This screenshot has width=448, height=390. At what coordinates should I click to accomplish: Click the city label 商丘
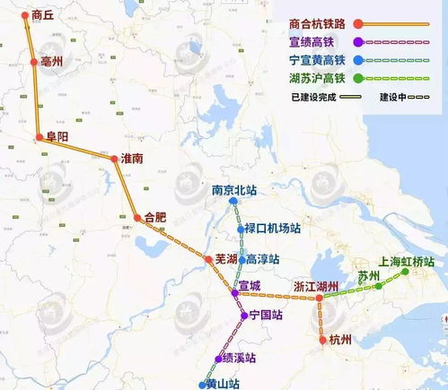coord(43,15)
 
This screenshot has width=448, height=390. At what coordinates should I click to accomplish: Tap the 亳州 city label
coord(53,61)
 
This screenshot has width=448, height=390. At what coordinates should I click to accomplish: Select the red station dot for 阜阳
coord(39,138)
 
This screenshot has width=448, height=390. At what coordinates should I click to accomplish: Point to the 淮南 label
coord(132,158)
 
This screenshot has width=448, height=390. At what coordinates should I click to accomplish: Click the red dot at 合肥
coord(137,217)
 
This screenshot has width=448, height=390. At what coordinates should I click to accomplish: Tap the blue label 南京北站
coord(234,190)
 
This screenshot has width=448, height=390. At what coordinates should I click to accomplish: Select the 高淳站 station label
coord(263,259)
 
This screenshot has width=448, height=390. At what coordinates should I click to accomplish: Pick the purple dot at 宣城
coord(234,293)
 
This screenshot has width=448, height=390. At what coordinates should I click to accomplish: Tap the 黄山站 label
coord(224,384)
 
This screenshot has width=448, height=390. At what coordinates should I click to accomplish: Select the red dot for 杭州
coord(322,340)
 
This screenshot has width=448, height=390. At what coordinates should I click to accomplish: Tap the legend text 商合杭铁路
coord(319,23)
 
